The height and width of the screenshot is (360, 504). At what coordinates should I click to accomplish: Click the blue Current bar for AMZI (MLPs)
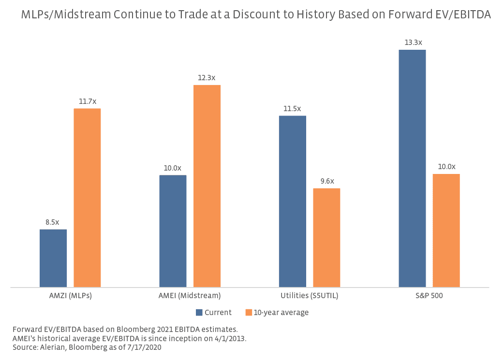click(x=53, y=258)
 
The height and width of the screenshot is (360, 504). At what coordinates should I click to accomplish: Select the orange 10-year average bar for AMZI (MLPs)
click(x=87, y=198)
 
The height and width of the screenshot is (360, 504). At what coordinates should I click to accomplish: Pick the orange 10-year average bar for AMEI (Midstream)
click(x=207, y=186)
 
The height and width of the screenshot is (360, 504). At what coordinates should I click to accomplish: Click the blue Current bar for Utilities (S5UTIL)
click(x=293, y=202)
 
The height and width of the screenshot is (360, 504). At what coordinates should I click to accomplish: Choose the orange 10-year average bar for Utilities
click(x=326, y=238)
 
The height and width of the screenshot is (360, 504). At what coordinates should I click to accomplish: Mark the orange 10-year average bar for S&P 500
click(x=446, y=230)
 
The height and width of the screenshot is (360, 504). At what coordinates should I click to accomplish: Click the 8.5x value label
click(x=52, y=222)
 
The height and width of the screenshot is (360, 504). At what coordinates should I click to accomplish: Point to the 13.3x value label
click(x=412, y=43)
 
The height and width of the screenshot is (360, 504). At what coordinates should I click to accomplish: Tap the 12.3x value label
click(x=207, y=78)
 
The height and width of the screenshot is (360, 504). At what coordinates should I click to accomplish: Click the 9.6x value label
click(x=326, y=181)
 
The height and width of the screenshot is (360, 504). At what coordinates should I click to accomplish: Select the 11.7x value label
click(x=88, y=101)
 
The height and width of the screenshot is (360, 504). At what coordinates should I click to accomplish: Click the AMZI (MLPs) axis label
click(x=70, y=296)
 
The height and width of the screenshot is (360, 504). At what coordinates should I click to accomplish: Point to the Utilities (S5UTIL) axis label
click(x=310, y=296)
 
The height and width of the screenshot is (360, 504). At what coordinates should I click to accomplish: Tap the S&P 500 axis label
click(x=429, y=296)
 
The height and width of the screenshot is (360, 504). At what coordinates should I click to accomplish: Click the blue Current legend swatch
click(x=199, y=313)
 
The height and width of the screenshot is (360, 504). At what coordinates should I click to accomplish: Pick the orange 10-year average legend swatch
click(x=249, y=313)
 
